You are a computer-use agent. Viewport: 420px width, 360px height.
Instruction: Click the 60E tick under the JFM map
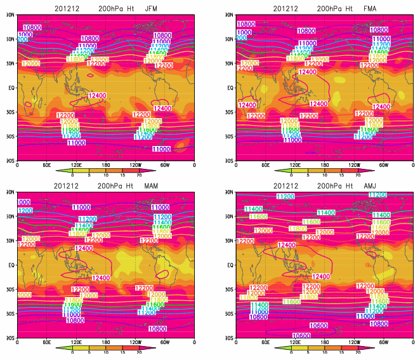46,165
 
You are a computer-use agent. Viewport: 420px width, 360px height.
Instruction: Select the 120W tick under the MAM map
135,343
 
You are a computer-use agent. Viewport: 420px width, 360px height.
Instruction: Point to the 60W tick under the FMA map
383,165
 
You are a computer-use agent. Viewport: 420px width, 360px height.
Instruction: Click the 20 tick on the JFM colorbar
139,175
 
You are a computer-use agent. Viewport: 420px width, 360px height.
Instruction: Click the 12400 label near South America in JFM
162,109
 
